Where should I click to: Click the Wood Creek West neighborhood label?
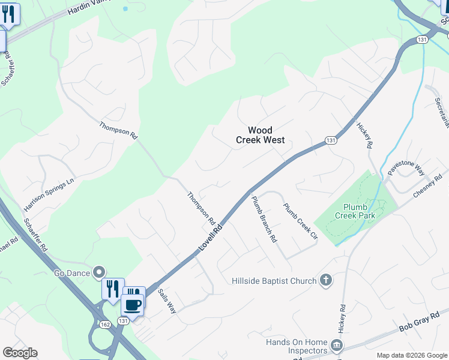click(x=260, y=135)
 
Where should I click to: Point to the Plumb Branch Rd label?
click(x=264, y=219)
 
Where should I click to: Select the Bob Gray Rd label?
click(x=415, y=328)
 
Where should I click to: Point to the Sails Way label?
click(x=166, y=301)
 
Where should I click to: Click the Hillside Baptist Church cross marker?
click(x=325, y=280)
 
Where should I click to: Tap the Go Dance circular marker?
click(x=99, y=273)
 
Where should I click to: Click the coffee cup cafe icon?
click(x=132, y=304)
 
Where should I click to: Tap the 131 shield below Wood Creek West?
click(x=331, y=140)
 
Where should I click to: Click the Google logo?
click(x=20, y=353)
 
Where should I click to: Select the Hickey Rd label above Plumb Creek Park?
click(x=365, y=136)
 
